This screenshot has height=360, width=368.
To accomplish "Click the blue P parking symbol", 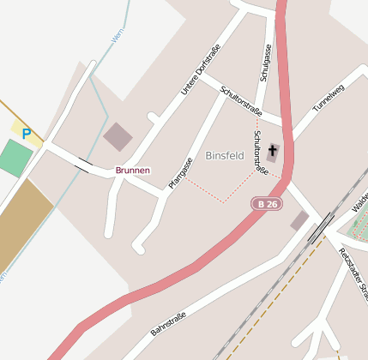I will (x=27, y=134).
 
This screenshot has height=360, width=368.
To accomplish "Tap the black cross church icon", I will (x=273, y=153).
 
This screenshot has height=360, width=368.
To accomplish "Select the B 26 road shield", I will (x=267, y=204).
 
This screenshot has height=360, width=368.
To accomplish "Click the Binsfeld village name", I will (x=225, y=156).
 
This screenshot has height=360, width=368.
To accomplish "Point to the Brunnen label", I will (x=133, y=171).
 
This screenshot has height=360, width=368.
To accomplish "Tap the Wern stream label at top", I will (x=118, y=35).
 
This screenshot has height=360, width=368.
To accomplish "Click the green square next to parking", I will (x=15, y=158).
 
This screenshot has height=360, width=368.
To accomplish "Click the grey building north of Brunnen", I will (x=118, y=136).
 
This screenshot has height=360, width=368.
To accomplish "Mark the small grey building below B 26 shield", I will (x=299, y=221).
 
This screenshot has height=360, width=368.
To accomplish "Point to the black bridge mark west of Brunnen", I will (x=83, y=163).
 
